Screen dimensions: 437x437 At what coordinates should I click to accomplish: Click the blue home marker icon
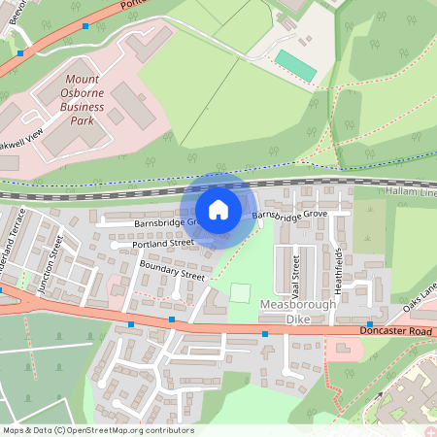218,209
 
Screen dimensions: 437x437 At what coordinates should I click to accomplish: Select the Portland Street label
162,246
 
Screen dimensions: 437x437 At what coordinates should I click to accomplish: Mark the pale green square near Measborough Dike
241,292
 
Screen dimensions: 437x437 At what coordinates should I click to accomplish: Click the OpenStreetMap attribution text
97,430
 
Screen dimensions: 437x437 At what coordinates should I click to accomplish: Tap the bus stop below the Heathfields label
370,323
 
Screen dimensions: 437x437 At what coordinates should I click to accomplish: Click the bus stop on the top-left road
85,26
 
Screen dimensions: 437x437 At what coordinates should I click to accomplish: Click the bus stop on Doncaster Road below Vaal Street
264,334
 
